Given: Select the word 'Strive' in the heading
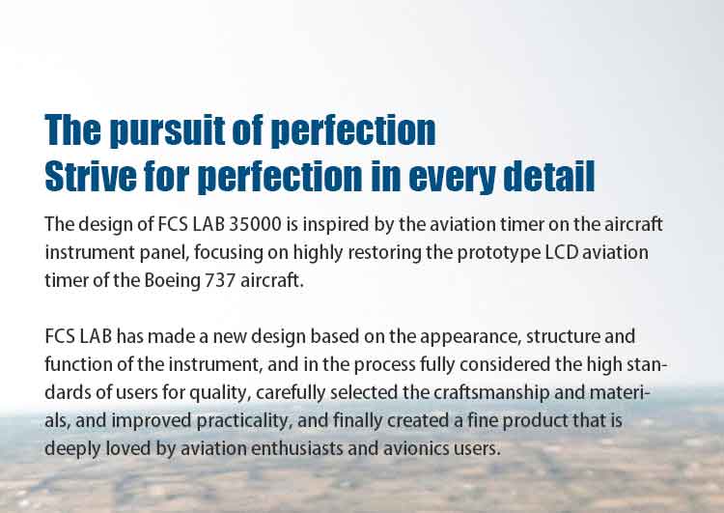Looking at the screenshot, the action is (91, 176).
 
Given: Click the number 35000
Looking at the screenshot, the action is (256, 224).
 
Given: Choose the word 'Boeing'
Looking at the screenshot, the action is (172, 281).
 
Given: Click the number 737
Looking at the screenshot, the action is (220, 280).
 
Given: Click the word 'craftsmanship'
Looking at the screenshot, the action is (491, 393).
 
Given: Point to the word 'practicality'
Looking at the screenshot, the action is (244, 421).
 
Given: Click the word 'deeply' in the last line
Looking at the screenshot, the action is (72, 449).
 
